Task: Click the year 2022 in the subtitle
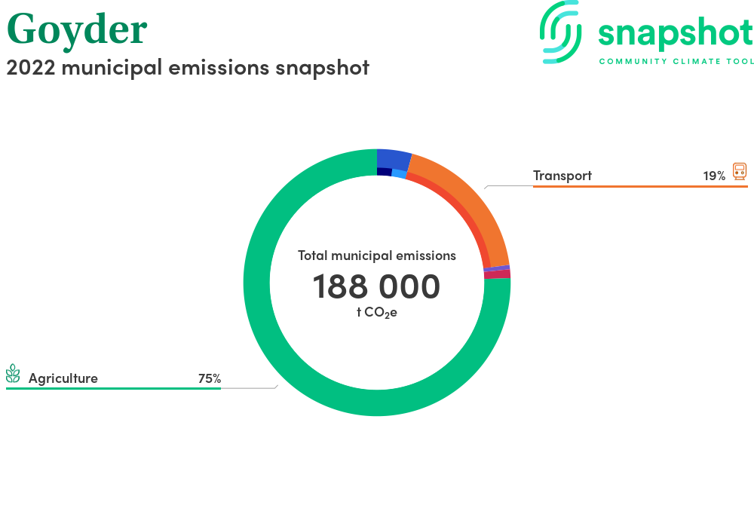click(x=31, y=68)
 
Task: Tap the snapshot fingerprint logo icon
click(x=560, y=32)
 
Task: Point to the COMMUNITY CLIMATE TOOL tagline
click(x=676, y=62)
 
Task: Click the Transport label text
click(x=562, y=176)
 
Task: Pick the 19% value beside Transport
click(x=714, y=176)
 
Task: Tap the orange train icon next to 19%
click(x=740, y=172)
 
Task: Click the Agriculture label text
click(x=63, y=378)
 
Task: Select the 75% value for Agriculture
click(x=210, y=378)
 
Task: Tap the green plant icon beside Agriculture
click(x=13, y=373)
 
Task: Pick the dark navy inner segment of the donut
click(x=385, y=172)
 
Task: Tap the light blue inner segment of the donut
click(x=399, y=174)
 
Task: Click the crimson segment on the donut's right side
click(x=497, y=274)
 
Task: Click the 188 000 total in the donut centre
click(x=376, y=286)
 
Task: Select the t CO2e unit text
click(x=376, y=312)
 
